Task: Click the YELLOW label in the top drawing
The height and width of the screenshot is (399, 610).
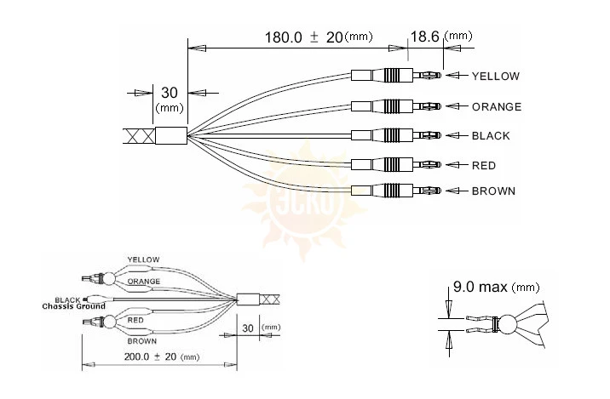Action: tap(496, 76)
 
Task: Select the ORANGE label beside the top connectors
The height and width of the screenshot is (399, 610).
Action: tap(497, 106)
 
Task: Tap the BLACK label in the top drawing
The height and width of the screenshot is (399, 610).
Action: tap(491, 135)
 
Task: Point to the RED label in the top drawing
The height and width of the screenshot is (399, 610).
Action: tap(484, 166)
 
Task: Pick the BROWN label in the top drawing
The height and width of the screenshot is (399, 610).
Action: tap(493, 191)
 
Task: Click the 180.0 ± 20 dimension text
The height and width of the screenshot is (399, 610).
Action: tap(303, 37)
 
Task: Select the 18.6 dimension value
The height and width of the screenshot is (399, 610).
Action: tap(425, 37)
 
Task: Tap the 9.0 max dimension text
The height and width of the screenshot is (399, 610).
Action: tap(481, 287)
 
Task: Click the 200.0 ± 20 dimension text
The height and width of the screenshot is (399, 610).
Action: tap(150, 356)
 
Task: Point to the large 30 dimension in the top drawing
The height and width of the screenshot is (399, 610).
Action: tap(170, 93)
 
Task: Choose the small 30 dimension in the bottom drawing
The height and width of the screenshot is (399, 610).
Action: tap(248, 328)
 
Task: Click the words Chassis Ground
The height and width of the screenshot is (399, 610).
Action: tap(73, 306)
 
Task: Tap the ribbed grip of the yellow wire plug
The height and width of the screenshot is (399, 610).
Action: tap(391, 75)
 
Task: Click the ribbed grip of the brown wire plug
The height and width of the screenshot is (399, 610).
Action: tap(391, 191)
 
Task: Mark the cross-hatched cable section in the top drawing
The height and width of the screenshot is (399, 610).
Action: tap(139, 136)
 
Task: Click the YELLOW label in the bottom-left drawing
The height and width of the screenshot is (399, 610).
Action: tap(143, 259)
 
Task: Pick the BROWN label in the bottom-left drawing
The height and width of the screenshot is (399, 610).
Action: tap(142, 341)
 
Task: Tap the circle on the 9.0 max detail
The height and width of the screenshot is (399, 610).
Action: tap(508, 324)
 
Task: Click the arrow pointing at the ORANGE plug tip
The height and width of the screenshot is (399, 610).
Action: tap(457, 106)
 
